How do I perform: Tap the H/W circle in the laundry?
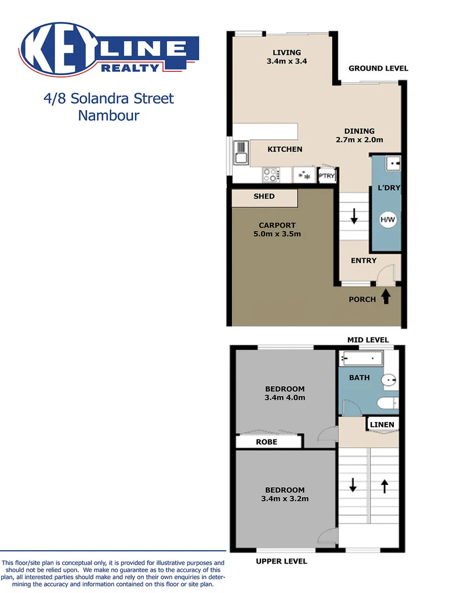(x=387, y=219)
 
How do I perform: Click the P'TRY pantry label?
(x=327, y=177)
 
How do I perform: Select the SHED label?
(x=264, y=197)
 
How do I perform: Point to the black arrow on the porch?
(x=386, y=297)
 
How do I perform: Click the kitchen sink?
(x=241, y=153)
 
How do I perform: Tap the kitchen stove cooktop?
(x=270, y=174)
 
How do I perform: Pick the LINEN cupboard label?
(x=382, y=424)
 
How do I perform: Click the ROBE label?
(x=266, y=442)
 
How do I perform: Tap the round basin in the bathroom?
(x=389, y=380)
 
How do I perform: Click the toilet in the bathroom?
(x=386, y=402)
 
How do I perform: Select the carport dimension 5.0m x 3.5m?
(x=277, y=235)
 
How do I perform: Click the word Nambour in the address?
(x=108, y=115)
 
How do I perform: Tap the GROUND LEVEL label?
(x=378, y=68)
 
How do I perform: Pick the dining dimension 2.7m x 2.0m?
(x=359, y=140)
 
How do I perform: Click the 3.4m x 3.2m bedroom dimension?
(x=285, y=498)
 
